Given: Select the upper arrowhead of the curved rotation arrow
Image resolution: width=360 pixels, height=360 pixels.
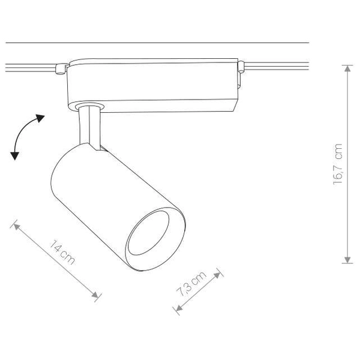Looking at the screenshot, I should click(41, 117).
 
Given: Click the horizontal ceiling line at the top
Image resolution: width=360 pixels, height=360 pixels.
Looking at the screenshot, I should click(156, 43).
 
